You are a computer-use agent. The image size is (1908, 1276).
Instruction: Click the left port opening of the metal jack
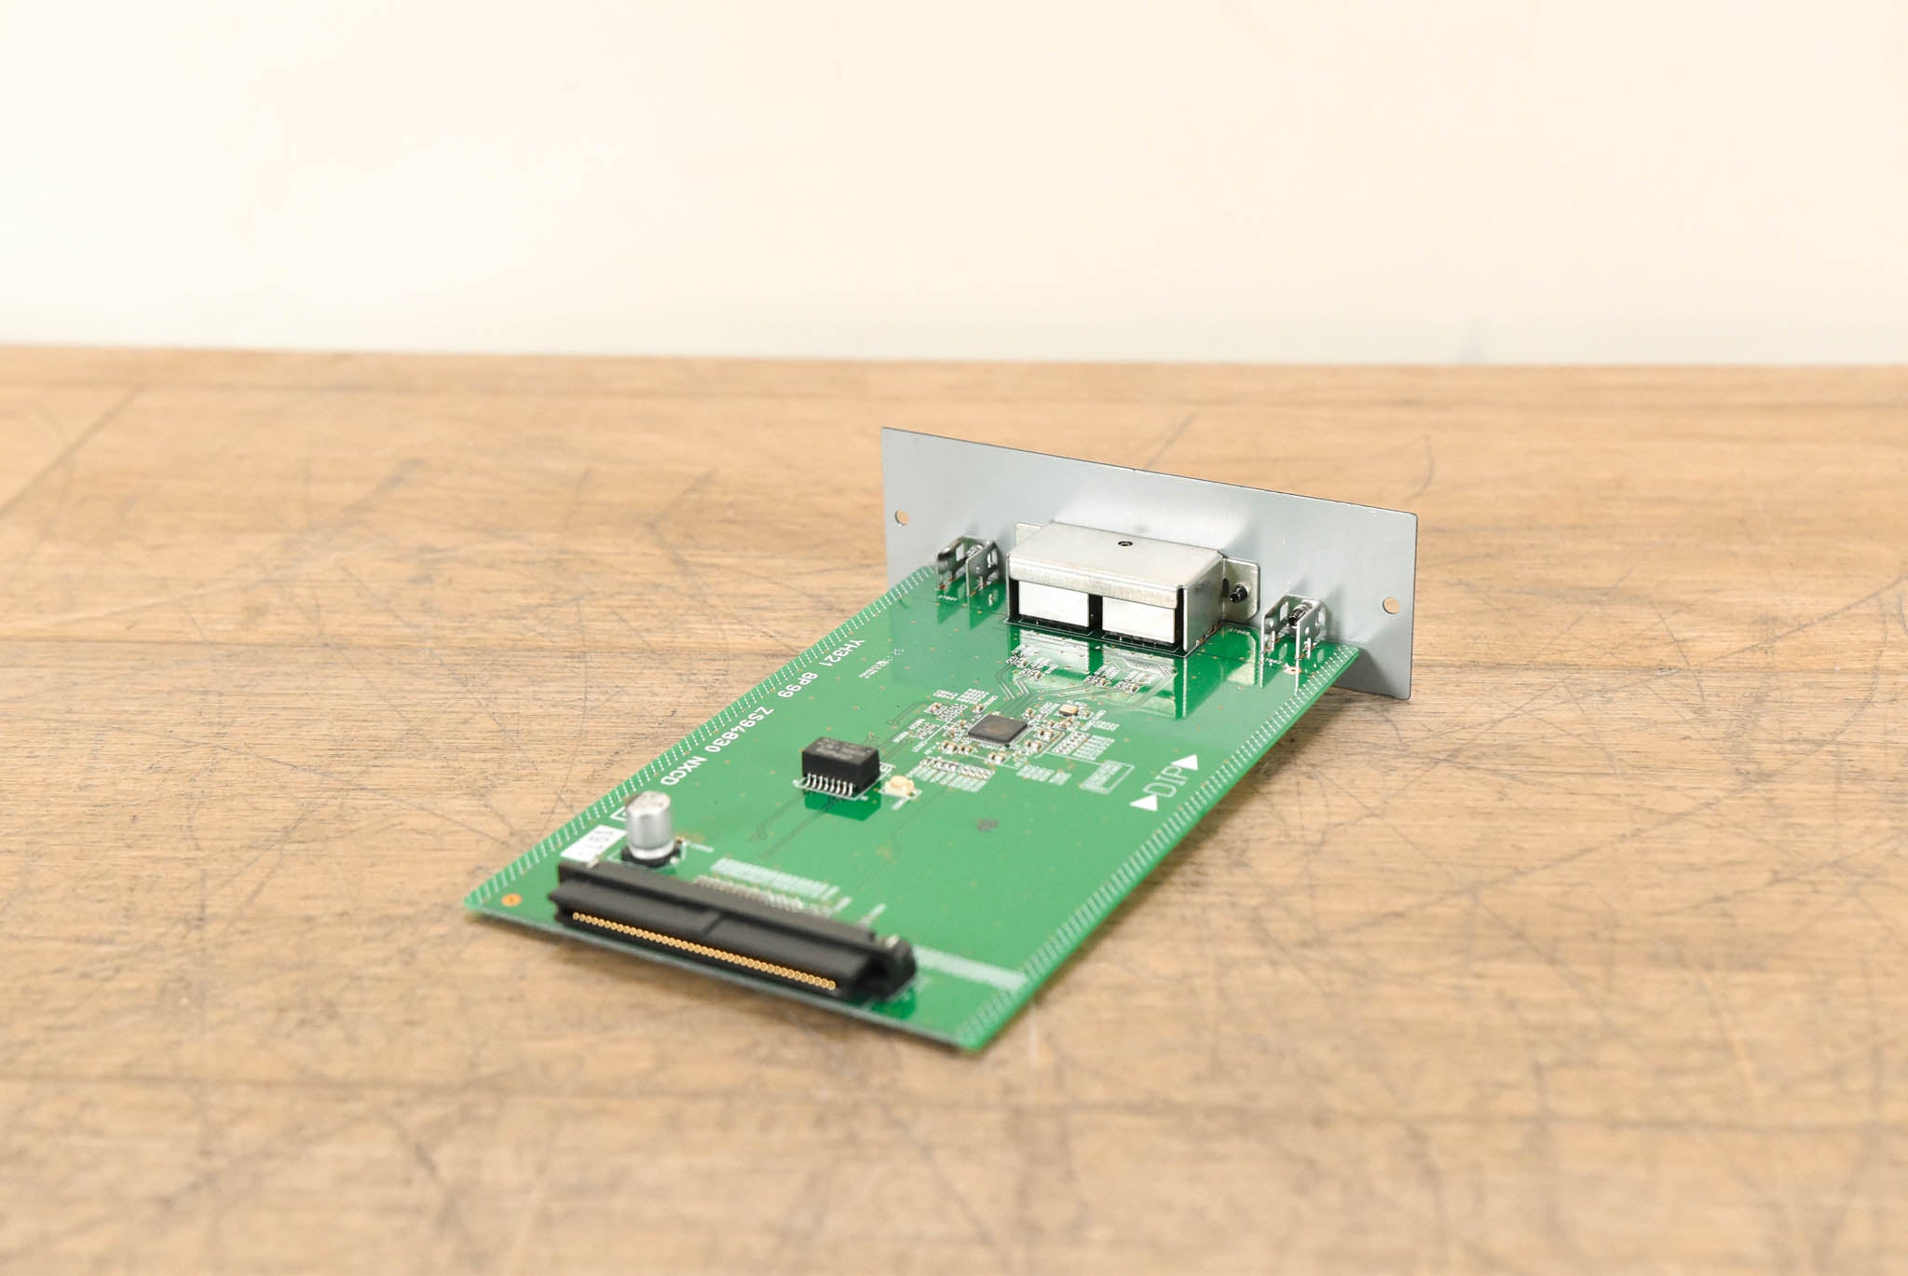click(1053, 605)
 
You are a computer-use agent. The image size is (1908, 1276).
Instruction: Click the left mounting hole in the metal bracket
click(899, 515)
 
